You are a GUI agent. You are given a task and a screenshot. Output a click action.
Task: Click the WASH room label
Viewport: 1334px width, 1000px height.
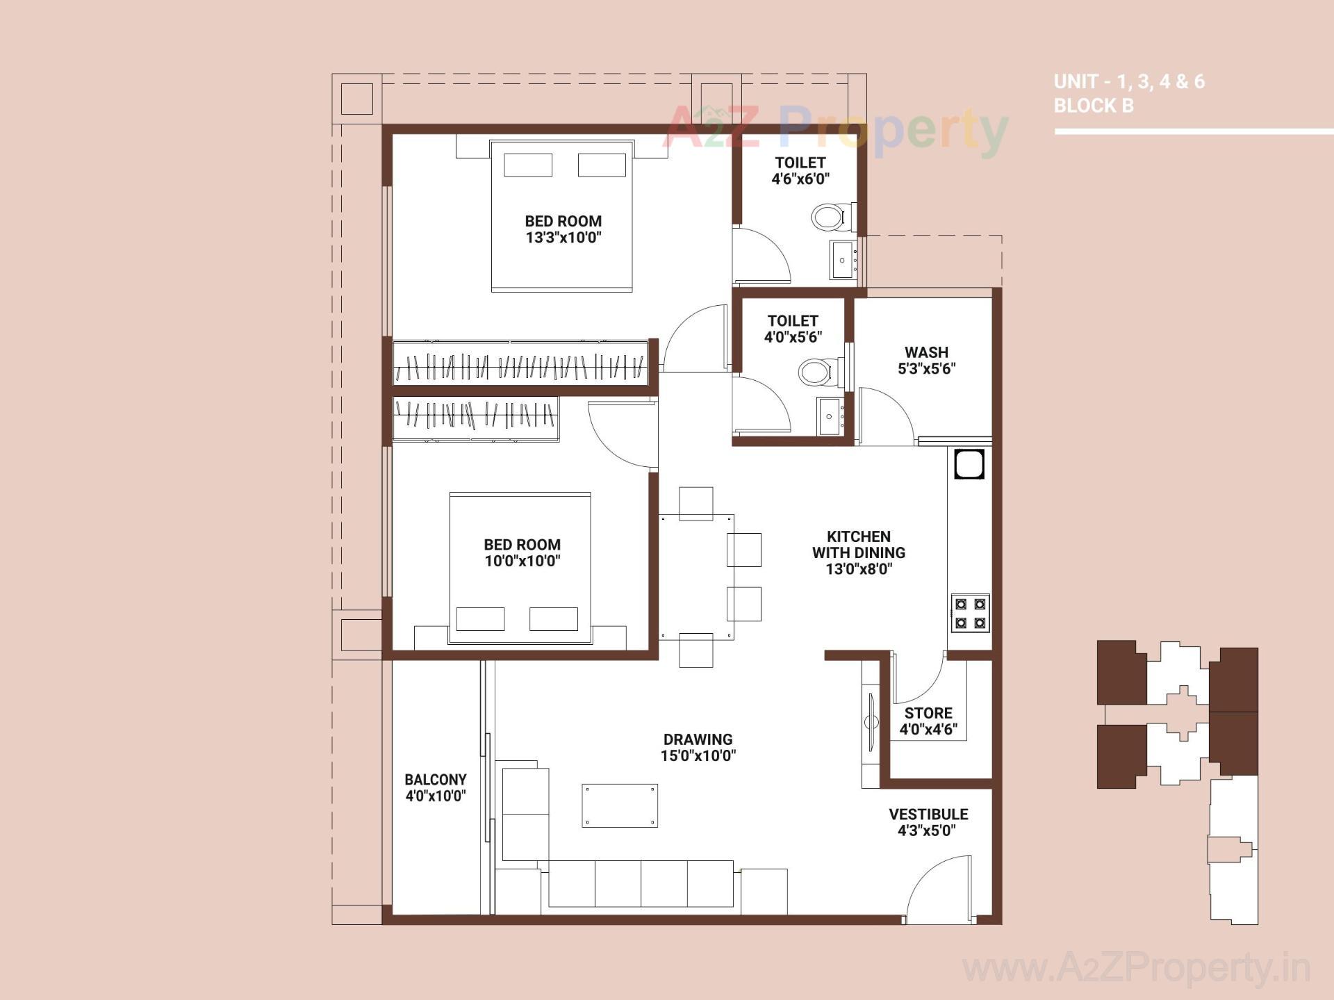tap(926, 352)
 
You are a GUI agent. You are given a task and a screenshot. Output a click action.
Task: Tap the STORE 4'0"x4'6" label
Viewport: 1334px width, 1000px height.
tap(928, 721)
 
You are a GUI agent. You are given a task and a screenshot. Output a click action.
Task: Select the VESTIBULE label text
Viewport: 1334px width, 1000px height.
tap(928, 814)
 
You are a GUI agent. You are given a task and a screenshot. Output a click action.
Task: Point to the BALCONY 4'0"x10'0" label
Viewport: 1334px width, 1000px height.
tap(436, 787)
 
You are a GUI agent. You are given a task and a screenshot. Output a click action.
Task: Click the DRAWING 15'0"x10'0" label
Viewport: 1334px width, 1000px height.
tap(698, 747)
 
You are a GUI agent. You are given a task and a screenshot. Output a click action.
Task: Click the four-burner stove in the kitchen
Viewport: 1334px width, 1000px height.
tap(970, 613)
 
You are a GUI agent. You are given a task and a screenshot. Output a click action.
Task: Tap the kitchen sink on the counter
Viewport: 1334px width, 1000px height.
tap(969, 465)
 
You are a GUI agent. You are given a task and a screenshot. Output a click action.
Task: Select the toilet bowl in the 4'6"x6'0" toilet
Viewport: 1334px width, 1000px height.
tap(828, 217)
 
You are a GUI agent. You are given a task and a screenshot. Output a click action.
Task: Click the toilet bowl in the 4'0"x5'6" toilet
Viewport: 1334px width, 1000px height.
tap(816, 372)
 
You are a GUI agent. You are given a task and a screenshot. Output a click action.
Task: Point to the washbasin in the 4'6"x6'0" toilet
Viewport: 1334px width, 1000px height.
tap(843, 260)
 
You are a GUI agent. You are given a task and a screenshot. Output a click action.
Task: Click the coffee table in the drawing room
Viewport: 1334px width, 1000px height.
tap(620, 805)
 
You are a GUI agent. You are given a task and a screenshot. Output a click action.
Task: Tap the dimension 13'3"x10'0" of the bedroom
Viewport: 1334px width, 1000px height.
tap(563, 238)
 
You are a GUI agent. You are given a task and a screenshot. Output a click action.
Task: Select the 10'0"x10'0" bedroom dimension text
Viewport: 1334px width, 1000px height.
tap(522, 561)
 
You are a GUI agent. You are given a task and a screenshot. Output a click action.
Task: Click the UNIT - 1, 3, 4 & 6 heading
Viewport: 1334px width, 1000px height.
tap(1129, 81)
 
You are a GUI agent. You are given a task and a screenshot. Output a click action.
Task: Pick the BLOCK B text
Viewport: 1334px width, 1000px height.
tap(1094, 106)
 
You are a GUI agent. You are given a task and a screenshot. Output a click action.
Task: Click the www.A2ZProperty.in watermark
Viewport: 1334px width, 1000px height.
tap(1136, 968)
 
